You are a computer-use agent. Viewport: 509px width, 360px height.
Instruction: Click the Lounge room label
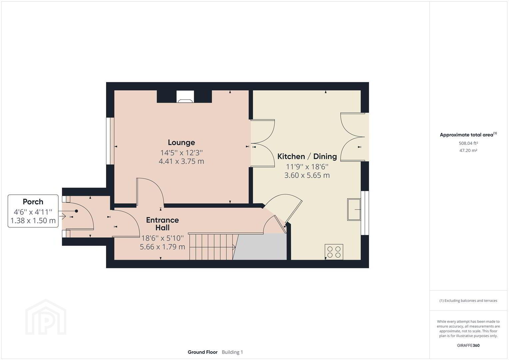pos(181,143)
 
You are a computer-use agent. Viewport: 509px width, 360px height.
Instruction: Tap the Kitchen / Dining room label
pos(307,156)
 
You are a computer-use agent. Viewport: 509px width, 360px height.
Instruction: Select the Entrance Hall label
pos(162,224)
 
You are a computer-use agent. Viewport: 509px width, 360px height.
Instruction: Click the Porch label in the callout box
pos(33,202)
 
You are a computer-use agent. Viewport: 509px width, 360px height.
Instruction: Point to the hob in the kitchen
pos(334,252)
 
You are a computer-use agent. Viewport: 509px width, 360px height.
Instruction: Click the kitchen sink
pos(354,210)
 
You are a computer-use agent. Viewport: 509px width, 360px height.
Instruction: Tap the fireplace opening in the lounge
pos(185,97)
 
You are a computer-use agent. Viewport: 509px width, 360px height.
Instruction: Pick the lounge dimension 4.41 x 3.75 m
pos(181,161)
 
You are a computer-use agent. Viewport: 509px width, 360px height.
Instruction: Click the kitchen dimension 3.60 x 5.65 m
pos(307,175)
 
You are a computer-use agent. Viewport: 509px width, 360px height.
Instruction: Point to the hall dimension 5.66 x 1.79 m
pos(162,247)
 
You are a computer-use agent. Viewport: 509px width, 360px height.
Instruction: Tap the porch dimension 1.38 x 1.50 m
pos(33,220)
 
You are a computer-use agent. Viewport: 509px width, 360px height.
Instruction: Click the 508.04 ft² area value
pos(468,143)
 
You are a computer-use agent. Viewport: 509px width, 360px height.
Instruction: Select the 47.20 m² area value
pos(468,150)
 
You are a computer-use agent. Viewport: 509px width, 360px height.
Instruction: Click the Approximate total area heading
pos(468,135)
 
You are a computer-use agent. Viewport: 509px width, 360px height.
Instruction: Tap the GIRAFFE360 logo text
pos(468,345)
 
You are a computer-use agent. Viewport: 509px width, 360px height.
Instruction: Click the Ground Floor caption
pos(202,352)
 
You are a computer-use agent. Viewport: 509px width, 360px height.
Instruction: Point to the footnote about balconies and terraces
pos(468,300)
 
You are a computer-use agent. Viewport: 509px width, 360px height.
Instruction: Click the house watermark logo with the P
pos(46,317)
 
